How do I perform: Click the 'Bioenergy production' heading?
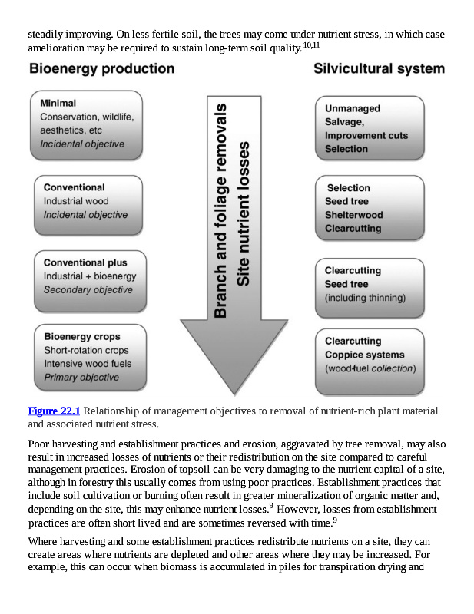(x=101, y=69)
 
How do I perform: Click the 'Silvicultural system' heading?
(x=379, y=69)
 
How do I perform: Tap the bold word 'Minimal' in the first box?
(x=59, y=103)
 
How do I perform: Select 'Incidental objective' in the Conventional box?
(x=85, y=215)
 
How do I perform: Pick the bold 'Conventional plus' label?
(x=85, y=262)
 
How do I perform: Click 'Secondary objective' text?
(x=88, y=290)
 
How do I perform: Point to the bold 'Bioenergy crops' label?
(x=82, y=336)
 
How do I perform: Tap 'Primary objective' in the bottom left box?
(x=81, y=378)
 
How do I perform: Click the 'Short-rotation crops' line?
(x=86, y=350)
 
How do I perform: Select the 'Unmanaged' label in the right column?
(x=352, y=109)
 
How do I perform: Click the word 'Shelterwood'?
(x=353, y=215)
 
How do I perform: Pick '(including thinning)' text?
(x=365, y=298)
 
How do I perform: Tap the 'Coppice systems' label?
(x=364, y=355)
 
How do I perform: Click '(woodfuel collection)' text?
(x=370, y=368)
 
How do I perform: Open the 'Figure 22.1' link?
(x=54, y=411)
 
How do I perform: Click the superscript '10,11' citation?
(x=311, y=45)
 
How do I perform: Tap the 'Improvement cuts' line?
(x=366, y=136)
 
